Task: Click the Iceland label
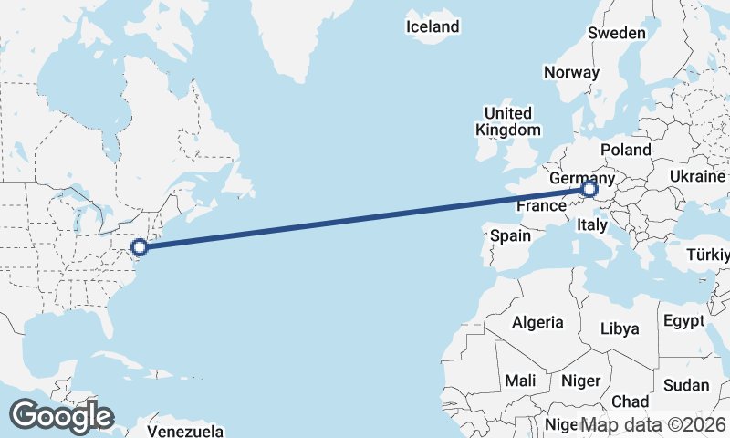433,27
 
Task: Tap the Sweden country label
616,33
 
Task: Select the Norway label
571,72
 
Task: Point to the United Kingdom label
508,121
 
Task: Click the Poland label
625,150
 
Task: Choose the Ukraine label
697,176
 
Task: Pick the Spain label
510,235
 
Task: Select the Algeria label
537,322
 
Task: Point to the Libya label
620,328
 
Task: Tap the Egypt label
683,321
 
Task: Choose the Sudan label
686,385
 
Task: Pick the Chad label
630,401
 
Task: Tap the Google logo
61,416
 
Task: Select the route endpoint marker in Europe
589,190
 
